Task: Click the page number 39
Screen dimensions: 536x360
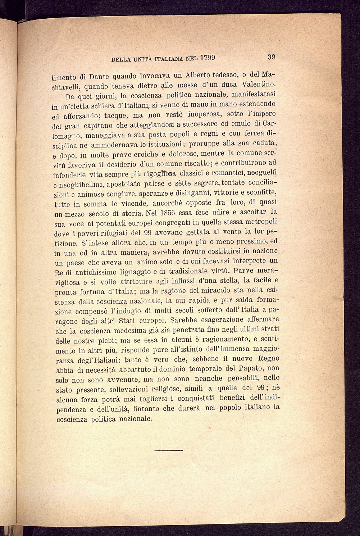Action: pyautogui.click(x=272, y=57)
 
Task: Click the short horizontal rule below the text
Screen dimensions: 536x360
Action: pyautogui.click(x=168, y=450)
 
